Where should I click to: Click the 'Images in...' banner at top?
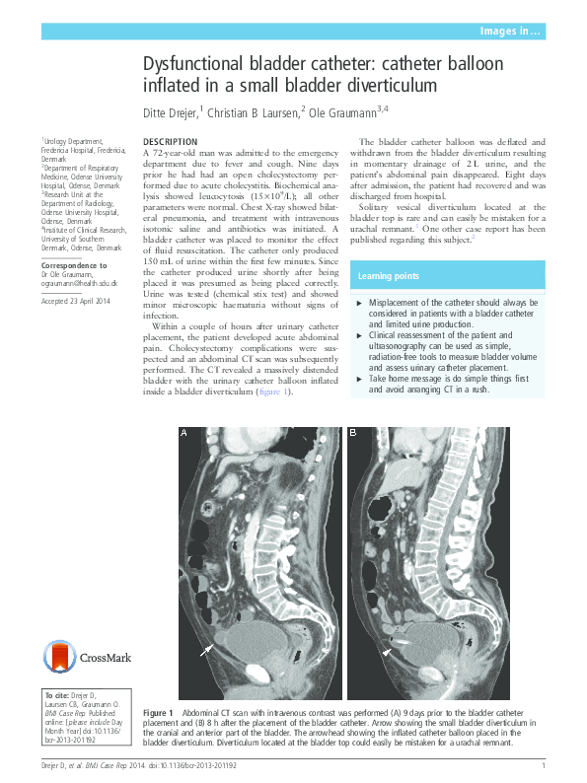pyautogui.click(x=510, y=33)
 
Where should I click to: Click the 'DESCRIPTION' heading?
pyautogui.click(x=171, y=143)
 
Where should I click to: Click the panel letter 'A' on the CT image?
pyautogui.click(x=183, y=433)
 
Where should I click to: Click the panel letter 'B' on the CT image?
pyautogui.click(x=354, y=433)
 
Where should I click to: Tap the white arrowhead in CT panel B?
pyautogui.click(x=388, y=652)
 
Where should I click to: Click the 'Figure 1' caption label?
pyautogui.click(x=159, y=713)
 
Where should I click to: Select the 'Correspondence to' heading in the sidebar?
pyautogui.click(x=73, y=266)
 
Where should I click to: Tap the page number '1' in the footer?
pyautogui.click(x=544, y=766)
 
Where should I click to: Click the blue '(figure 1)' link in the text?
pyautogui.click(x=274, y=391)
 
